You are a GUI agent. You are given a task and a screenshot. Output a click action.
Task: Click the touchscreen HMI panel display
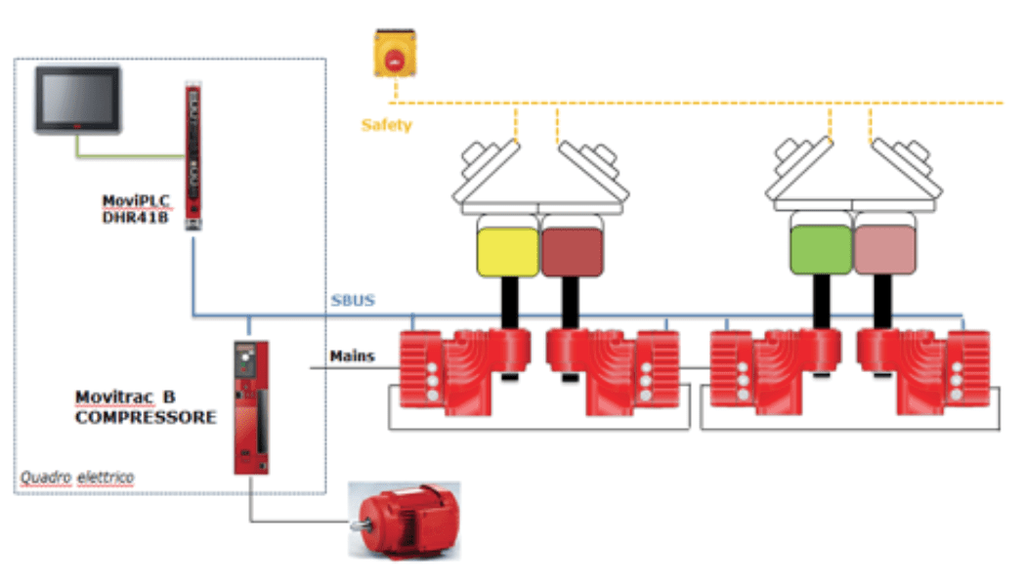77,99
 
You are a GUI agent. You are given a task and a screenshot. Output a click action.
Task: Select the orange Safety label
387,125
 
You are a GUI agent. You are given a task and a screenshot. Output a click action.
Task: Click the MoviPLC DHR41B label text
137,209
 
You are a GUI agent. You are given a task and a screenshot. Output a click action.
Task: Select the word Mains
354,356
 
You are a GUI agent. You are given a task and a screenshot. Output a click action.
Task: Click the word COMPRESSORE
146,416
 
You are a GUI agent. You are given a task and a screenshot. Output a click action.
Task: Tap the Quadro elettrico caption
77,478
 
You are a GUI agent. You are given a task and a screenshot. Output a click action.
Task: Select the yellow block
507,251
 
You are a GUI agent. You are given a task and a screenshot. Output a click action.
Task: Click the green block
820,249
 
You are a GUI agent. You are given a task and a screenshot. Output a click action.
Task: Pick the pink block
885,249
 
